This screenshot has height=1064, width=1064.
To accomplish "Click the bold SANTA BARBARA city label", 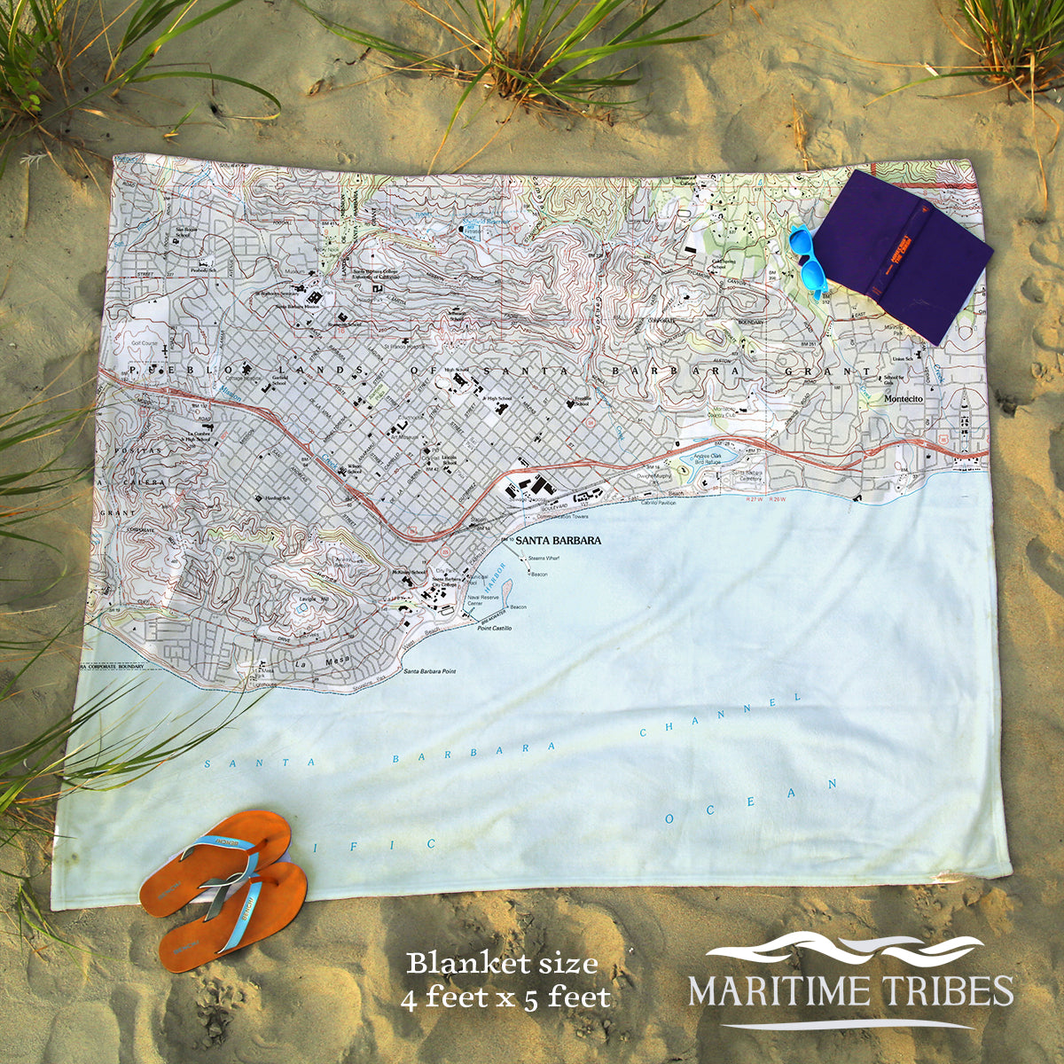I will point(558,540).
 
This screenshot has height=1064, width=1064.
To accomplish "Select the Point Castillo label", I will point(495,628).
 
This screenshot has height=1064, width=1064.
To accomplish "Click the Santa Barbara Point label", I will point(429,671).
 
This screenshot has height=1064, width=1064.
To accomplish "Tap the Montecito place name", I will point(904,399).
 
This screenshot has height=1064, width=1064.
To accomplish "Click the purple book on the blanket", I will point(904,253).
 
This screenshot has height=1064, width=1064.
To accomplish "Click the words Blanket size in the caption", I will point(502,963).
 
